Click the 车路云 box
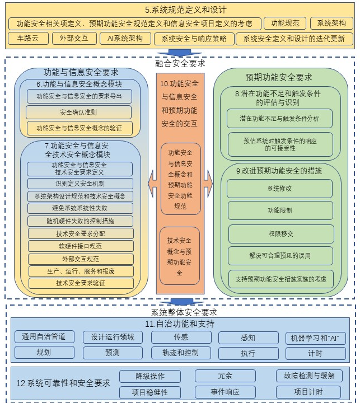coord(28,38)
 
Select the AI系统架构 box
coord(125,38)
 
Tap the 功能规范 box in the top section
coord(285,24)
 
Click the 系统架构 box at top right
coord(331,24)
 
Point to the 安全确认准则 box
coord(78,113)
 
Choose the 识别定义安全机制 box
coord(80,184)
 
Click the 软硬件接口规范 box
coord(81,246)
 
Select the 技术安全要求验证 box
coord(81,283)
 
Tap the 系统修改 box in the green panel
coord(279,189)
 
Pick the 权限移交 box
coord(281,234)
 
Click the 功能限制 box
coord(280,210)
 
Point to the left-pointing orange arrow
coord(152,184)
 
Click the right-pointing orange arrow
coord(208,184)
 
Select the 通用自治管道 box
coord(44,337)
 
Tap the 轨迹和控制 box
coord(181,353)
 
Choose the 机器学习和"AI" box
coord(316,338)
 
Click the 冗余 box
coord(225,376)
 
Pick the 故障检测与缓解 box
coord(310,376)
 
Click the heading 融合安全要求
coord(180,63)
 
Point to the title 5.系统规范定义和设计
coord(186,10)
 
